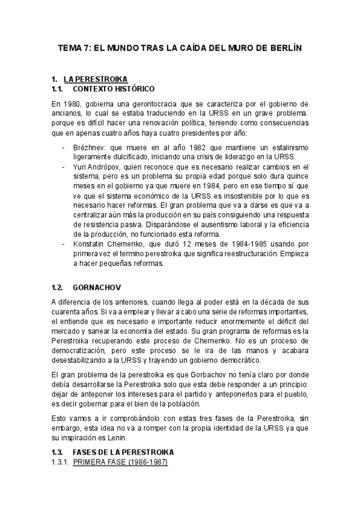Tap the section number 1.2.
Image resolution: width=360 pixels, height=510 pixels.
58,287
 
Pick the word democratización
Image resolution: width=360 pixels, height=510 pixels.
81,351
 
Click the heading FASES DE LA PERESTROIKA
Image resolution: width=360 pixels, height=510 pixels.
123,452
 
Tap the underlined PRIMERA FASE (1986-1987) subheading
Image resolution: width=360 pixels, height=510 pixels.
120,462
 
